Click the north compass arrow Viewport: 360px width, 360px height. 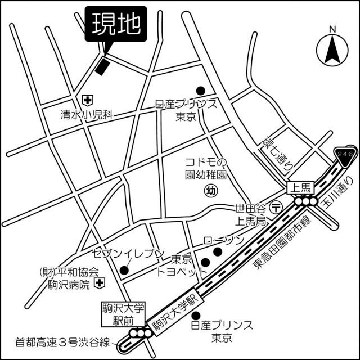(x=332, y=49)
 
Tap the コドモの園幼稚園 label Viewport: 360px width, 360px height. (x=206, y=168)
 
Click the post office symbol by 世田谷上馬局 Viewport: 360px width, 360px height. (x=275, y=206)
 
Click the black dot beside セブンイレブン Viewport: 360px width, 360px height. (x=124, y=270)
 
